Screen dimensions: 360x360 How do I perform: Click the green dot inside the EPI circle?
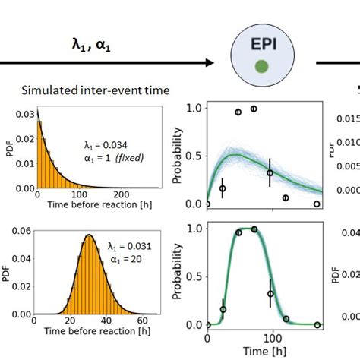click(261, 68)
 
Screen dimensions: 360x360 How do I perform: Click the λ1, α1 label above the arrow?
click(90, 44)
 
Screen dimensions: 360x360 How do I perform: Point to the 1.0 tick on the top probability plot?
click(194, 109)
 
